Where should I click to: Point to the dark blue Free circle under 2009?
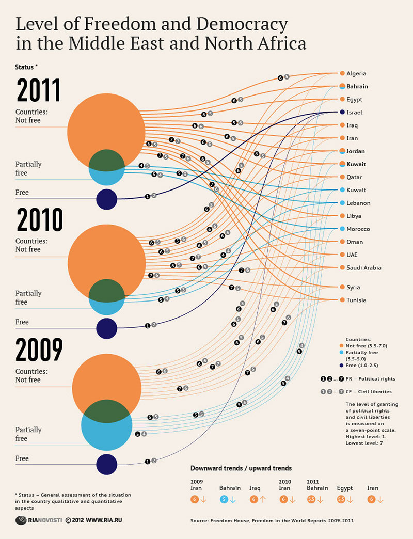tap(106, 464)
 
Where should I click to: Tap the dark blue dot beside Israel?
tap(342, 113)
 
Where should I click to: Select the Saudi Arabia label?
tap(364, 267)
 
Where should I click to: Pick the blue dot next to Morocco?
tap(342, 229)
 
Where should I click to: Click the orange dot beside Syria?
tap(342, 287)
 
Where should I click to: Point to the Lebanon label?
tap(358, 203)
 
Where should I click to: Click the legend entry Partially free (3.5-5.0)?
tap(361, 356)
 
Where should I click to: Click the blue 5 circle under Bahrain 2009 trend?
tap(224, 499)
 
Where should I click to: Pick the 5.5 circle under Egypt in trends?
tap(341, 499)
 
